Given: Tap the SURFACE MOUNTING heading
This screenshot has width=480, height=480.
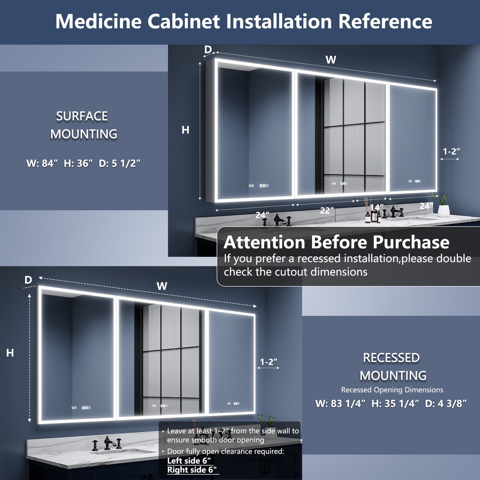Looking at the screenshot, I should pos(83,125).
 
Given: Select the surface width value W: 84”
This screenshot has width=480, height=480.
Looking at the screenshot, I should pos(42,163).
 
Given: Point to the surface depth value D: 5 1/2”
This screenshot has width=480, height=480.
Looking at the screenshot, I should pos(120,163).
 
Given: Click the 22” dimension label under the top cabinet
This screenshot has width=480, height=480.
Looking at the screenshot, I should pos(327,210).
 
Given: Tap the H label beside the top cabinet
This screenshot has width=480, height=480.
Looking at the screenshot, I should pos(185,130).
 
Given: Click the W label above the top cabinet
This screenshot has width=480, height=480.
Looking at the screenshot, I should pos(331,60).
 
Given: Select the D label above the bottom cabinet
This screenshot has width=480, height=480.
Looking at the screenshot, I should pos(28,280).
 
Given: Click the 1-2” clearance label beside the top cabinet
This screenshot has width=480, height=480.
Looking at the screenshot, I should pos(451,151).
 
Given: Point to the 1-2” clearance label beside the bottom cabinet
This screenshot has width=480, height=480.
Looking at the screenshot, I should pos(268,362).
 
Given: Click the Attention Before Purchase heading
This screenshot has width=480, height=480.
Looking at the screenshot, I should pos(336,242).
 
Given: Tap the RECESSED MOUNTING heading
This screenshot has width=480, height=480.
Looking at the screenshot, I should pos(392,367).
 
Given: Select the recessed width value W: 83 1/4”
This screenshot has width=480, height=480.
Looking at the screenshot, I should pos(340,404).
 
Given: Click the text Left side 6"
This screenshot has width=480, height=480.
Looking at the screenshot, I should pos(189,461).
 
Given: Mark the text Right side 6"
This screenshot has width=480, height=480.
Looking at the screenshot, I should pos(192,470).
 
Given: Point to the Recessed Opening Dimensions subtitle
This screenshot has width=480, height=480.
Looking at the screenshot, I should pos(392,390).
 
